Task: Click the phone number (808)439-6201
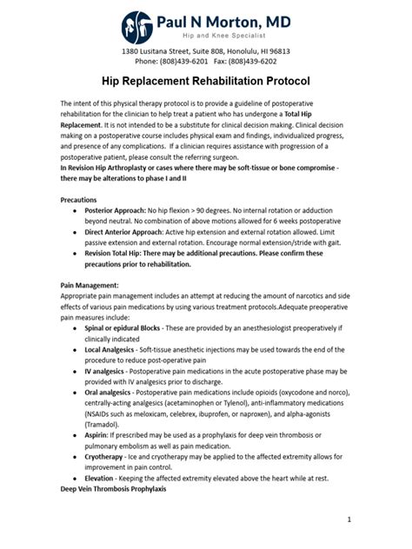(x=182, y=63)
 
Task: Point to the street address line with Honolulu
(x=205, y=51)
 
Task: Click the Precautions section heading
(x=78, y=199)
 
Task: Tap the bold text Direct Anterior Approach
(x=132, y=233)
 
